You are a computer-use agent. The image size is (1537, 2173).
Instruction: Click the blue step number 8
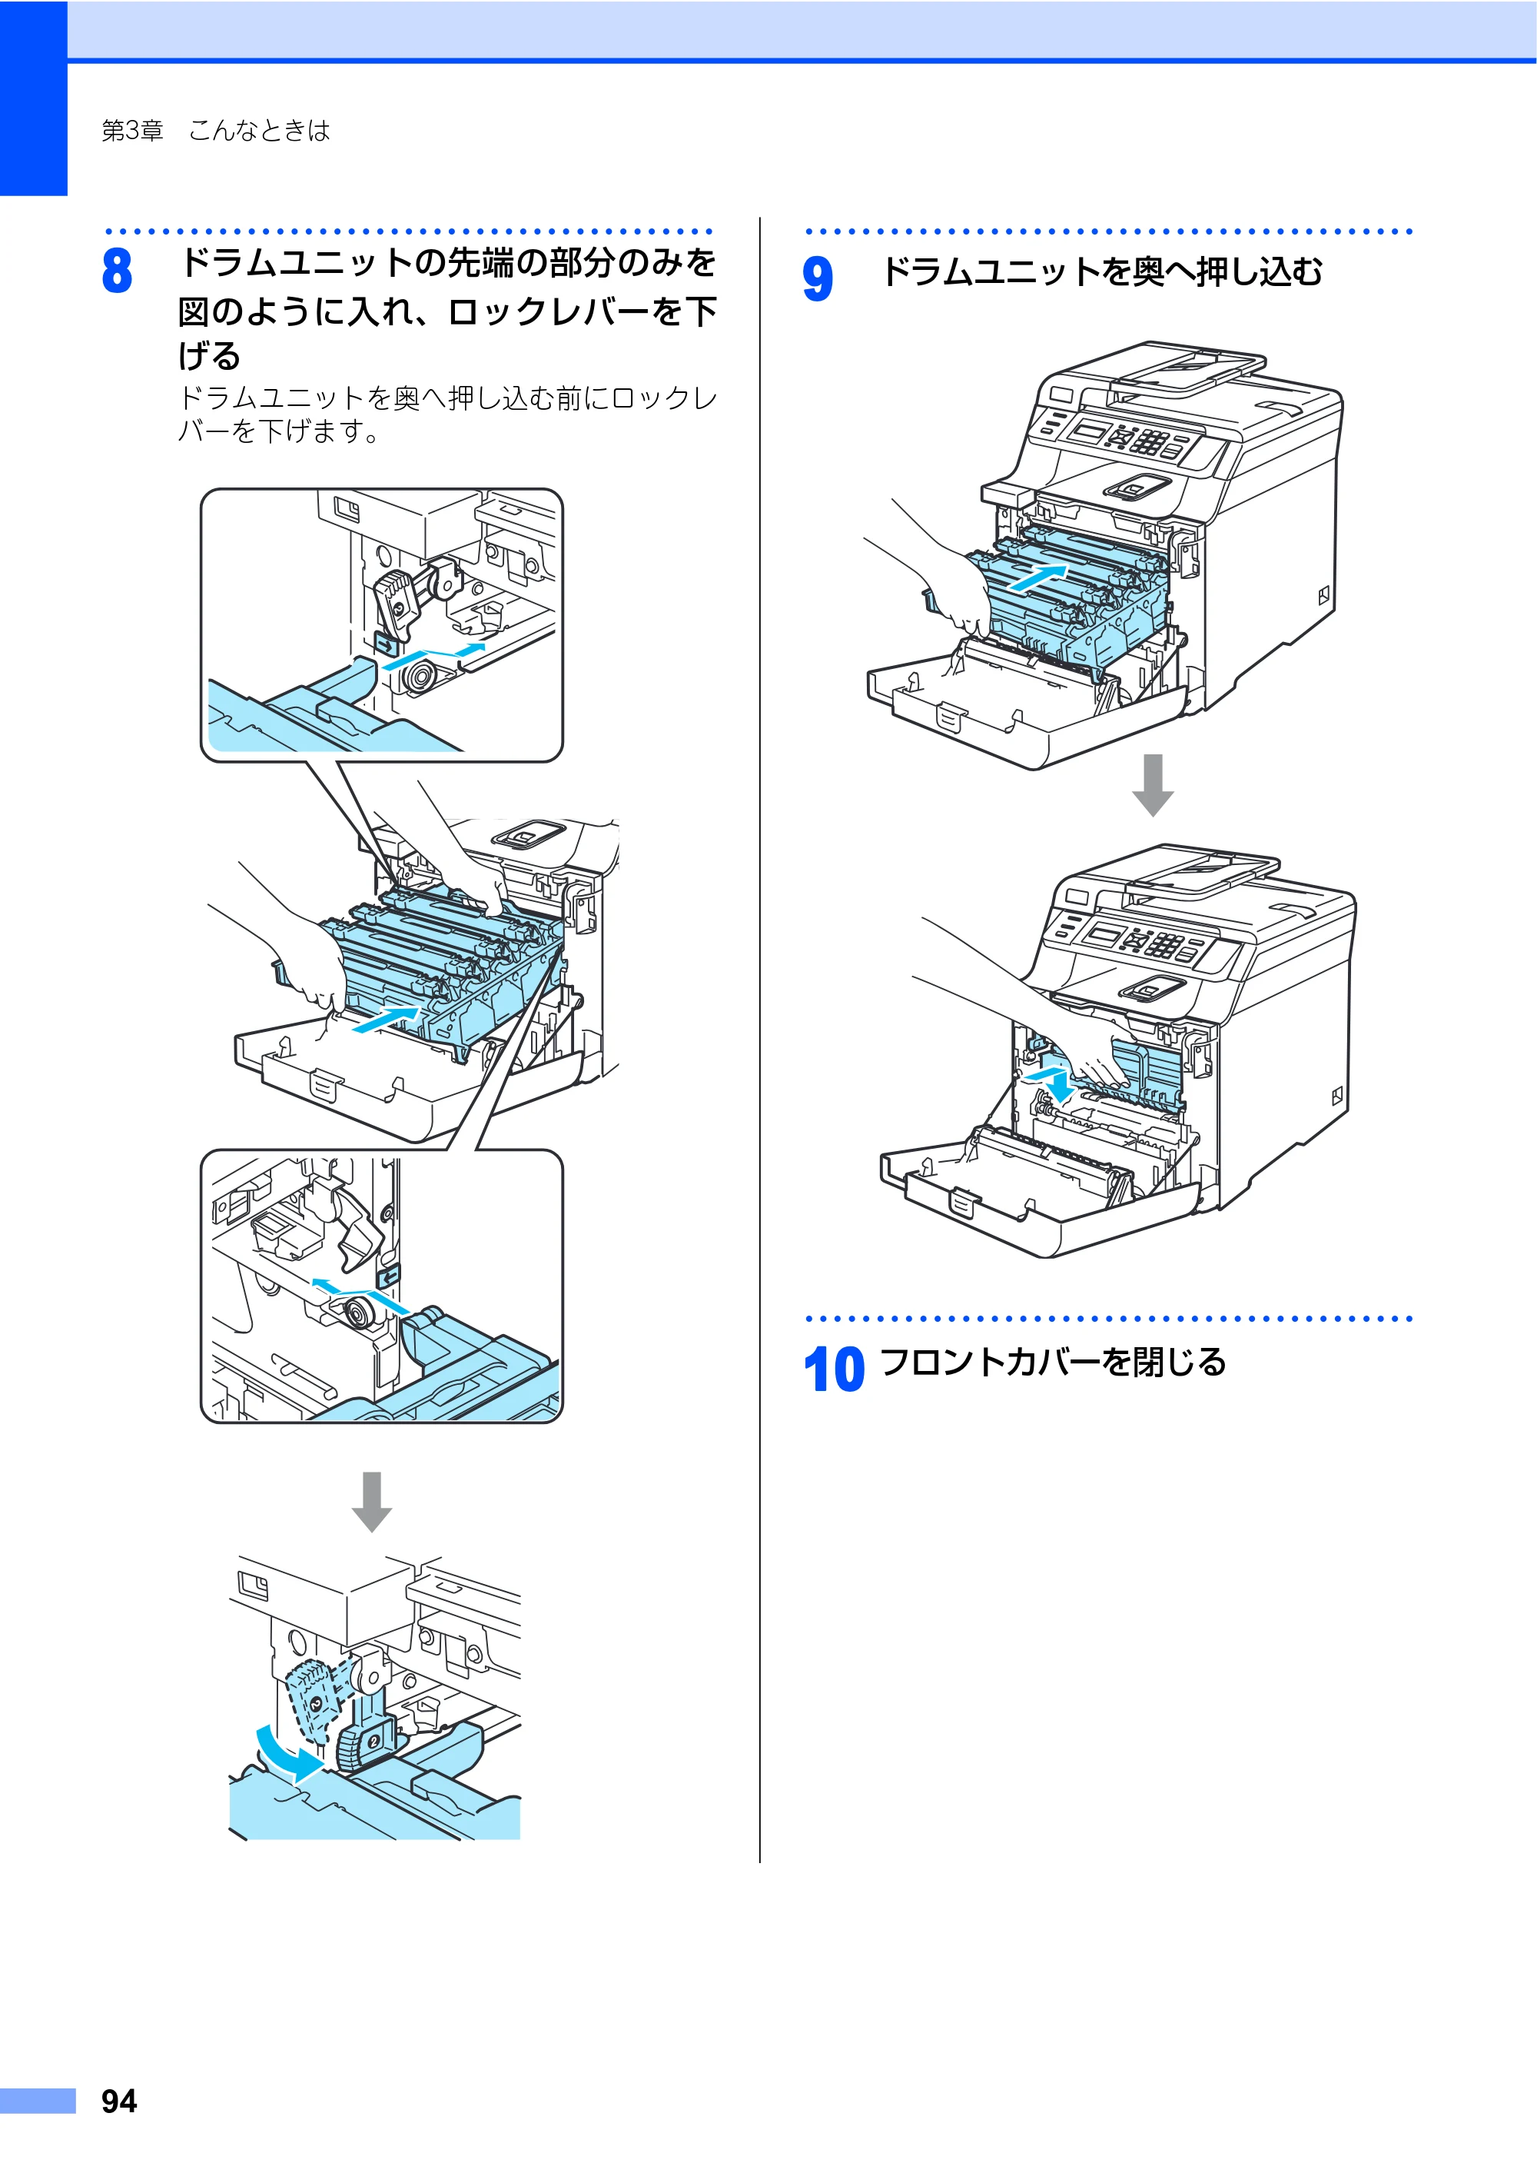point(118,270)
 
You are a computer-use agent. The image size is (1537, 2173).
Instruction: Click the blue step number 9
point(818,278)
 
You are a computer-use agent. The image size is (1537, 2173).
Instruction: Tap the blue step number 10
point(834,1369)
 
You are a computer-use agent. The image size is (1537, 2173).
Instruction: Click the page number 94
point(119,2101)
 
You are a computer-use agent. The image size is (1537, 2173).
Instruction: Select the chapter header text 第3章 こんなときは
point(216,131)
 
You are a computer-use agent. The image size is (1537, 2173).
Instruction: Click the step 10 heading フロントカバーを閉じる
point(1052,1362)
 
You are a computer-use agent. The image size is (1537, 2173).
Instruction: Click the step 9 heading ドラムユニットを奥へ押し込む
point(1101,271)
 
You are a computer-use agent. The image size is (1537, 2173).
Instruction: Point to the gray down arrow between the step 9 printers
point(1153,785)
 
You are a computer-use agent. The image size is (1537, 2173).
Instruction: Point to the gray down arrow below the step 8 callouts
point(372,1502)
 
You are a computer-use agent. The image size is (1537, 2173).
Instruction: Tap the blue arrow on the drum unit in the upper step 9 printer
point(1039,577)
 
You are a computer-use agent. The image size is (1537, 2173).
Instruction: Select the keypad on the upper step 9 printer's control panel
point(1150,441)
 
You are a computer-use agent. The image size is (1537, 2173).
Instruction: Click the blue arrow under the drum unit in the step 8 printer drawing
point(385,1019)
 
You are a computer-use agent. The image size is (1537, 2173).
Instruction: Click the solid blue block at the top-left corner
point(34,98)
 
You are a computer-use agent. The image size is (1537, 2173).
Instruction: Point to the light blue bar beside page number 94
point(38,2100)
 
